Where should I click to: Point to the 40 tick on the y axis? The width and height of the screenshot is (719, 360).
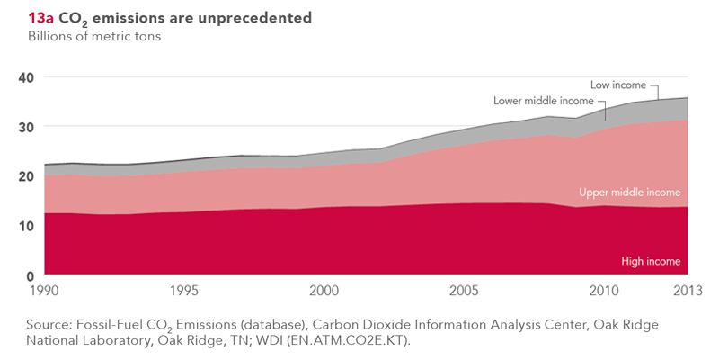point(25,77)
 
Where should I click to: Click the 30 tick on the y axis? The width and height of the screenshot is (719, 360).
point(25,127)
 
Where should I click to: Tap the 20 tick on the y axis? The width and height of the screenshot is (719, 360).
point(25,176)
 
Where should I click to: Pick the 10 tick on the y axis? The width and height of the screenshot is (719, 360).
point(25,226)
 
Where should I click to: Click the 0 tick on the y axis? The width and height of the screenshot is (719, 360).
point(29,275)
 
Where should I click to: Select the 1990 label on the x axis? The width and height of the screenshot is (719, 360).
point(44,292)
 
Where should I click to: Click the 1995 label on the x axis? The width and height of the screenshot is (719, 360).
point(183,292)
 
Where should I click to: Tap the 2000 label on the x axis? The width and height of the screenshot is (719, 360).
point(324,292)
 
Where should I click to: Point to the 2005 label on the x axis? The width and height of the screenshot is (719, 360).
point(464,292)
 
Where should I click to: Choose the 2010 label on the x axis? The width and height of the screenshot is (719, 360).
point(603,292)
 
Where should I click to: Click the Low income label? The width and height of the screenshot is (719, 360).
point(618,85)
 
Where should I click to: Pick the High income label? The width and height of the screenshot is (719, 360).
point(651,262)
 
